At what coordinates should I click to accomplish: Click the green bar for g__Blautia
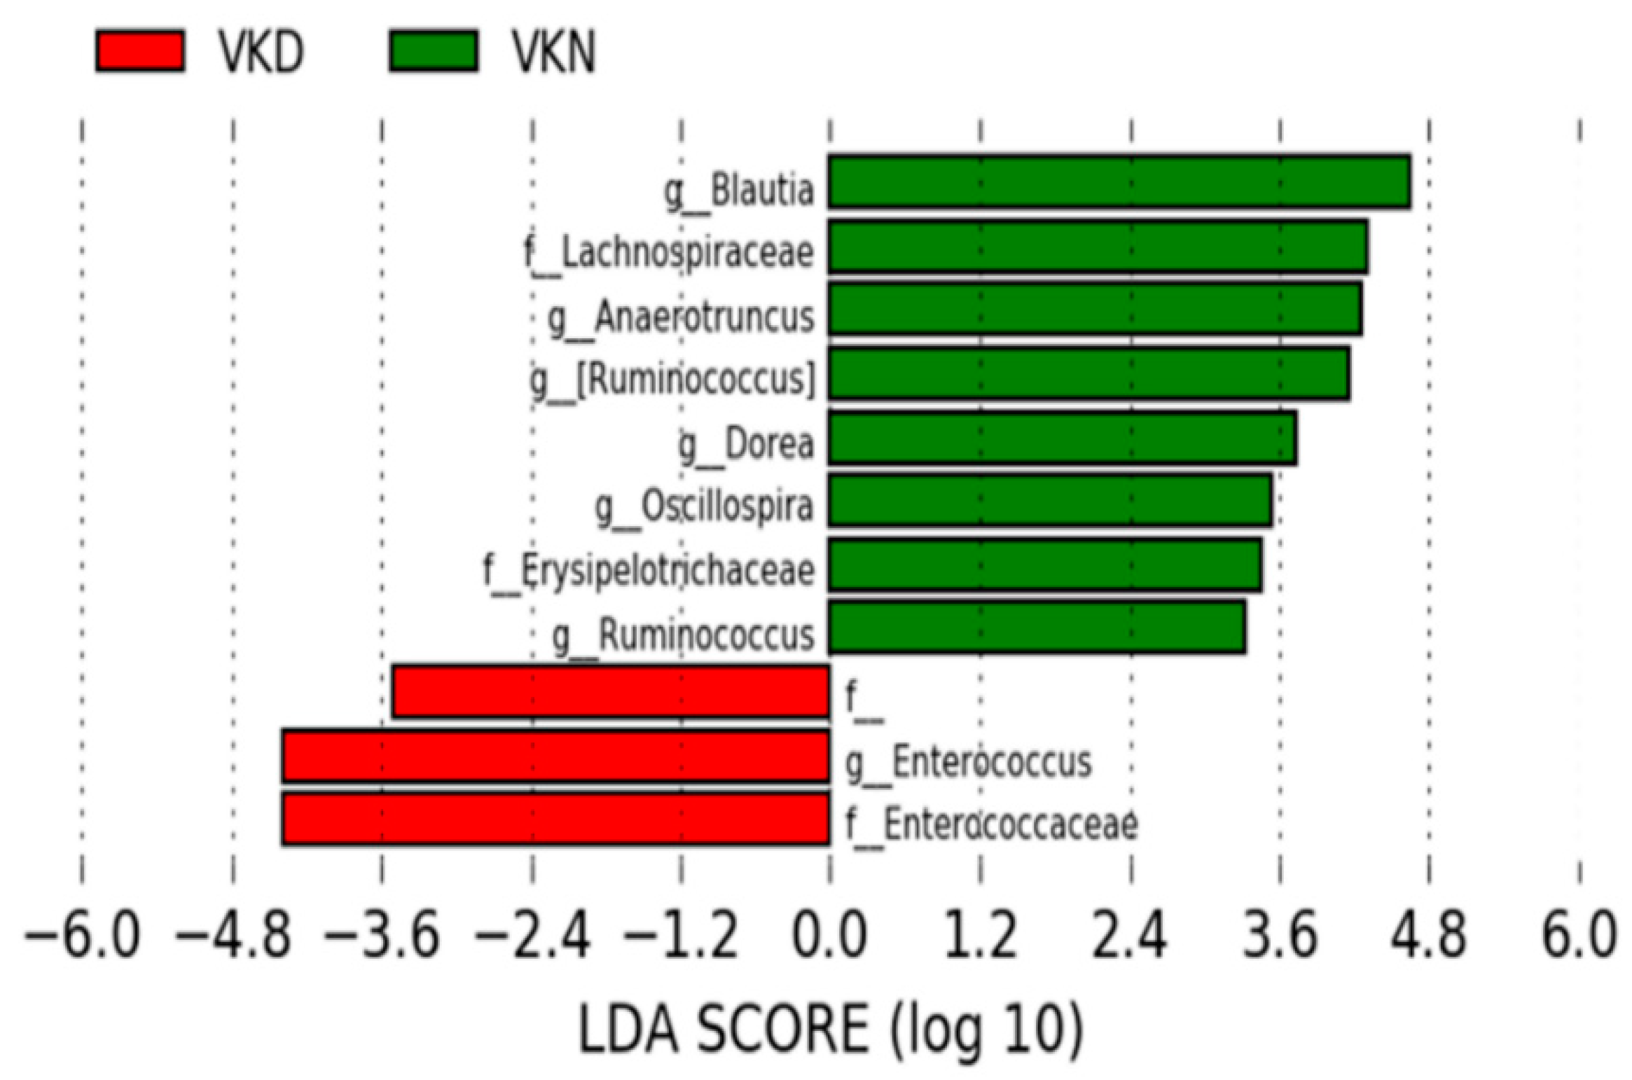coord(1119,182)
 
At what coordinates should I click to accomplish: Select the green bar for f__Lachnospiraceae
coord(1098,246)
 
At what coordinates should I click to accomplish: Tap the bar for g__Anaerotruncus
coord(1095,309)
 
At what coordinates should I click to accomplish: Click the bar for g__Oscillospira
coord(1050,500)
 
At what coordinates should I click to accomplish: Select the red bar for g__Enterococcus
coord(555,756)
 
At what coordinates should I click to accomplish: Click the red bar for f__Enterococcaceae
coord(555,819)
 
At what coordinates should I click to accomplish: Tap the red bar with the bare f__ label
coord(611,692)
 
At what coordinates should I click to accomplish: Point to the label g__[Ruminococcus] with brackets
coord(673,380)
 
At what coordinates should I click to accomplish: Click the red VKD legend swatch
coord(140,50)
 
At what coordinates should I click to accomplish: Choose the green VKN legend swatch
coord(434,50)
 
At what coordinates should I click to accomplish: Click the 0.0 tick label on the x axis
coord(829,936)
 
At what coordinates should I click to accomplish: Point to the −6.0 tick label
coord(82,936)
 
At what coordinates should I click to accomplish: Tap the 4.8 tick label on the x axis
coord(1429,936)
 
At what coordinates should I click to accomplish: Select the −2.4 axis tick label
coord(532,936)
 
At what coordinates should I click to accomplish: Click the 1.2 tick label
coord(980,936)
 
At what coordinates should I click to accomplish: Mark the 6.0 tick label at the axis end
coord(1579,936)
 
